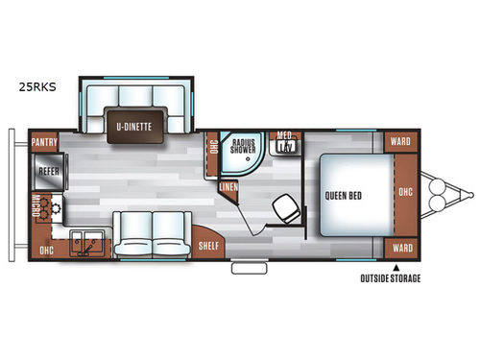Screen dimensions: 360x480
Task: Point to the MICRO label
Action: (36, 204)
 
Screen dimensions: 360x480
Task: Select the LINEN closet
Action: (228, 186)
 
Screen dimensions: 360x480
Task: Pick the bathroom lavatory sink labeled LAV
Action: (285, 146)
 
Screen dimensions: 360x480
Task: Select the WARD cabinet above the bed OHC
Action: (400, 140)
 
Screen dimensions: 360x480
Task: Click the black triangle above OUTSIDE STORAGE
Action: (396, 268)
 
